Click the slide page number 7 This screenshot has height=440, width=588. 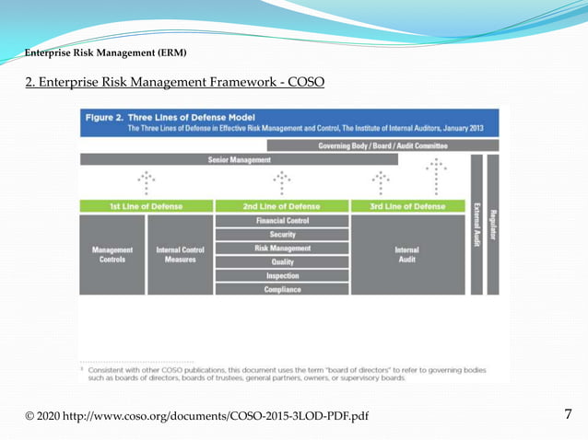569,414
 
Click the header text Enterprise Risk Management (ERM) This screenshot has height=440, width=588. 105,52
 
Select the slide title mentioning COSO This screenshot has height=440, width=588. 174,83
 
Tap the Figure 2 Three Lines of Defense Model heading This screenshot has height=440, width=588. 169,117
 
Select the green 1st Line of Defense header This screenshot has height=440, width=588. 146,205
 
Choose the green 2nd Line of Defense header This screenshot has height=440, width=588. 281,205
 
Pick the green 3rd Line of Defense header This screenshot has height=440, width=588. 408,205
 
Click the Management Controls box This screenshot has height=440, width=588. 112,254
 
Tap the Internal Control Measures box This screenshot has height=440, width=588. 179,254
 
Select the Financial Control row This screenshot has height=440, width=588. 281,222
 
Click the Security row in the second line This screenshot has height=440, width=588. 281,235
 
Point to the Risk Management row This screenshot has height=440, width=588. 281,249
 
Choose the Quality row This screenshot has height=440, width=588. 281,261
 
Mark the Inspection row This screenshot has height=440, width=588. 281,275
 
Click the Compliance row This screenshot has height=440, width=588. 281,288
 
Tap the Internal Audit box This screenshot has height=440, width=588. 408,254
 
